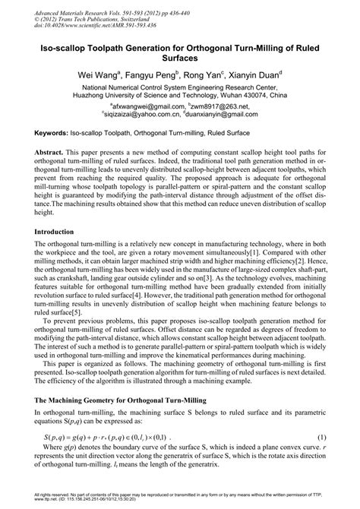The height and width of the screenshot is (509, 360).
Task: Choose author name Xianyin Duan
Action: [x=255, y=76]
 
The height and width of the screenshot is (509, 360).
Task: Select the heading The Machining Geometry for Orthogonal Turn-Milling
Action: [x=125, y=399]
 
